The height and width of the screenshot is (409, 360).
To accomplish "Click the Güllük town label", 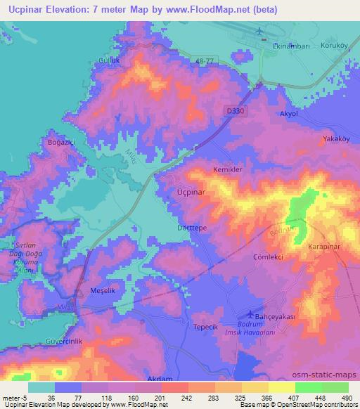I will pos(106,61).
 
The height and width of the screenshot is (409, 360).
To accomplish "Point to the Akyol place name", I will pos(290,112).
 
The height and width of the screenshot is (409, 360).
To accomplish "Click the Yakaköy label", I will pos(336,139).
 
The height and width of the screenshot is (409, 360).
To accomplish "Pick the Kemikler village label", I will pos(229,170).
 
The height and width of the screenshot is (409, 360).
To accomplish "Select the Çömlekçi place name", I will pos(267,257).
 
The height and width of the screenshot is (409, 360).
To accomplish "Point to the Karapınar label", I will pos(325,247).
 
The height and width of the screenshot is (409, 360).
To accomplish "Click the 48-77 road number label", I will pos(208,62).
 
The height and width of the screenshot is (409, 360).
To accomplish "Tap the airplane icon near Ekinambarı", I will pos(260,31).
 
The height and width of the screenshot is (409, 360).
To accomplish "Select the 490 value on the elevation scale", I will pos(346,398).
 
